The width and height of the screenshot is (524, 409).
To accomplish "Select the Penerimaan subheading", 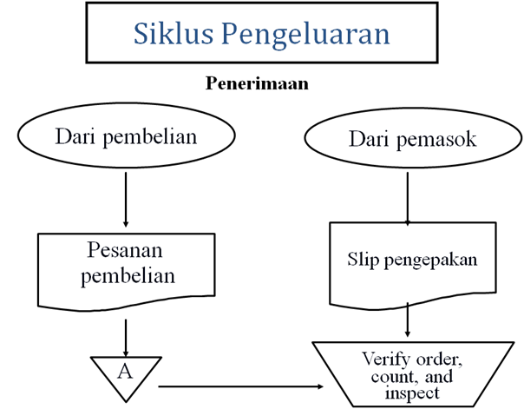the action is coord(258,84).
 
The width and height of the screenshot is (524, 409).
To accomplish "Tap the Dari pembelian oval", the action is coord(126,137).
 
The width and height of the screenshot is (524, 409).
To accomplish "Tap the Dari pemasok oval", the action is coord(412,139).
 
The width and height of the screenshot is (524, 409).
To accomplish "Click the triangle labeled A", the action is coord(127,371).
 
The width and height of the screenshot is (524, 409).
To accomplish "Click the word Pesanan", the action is coord(127,251).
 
